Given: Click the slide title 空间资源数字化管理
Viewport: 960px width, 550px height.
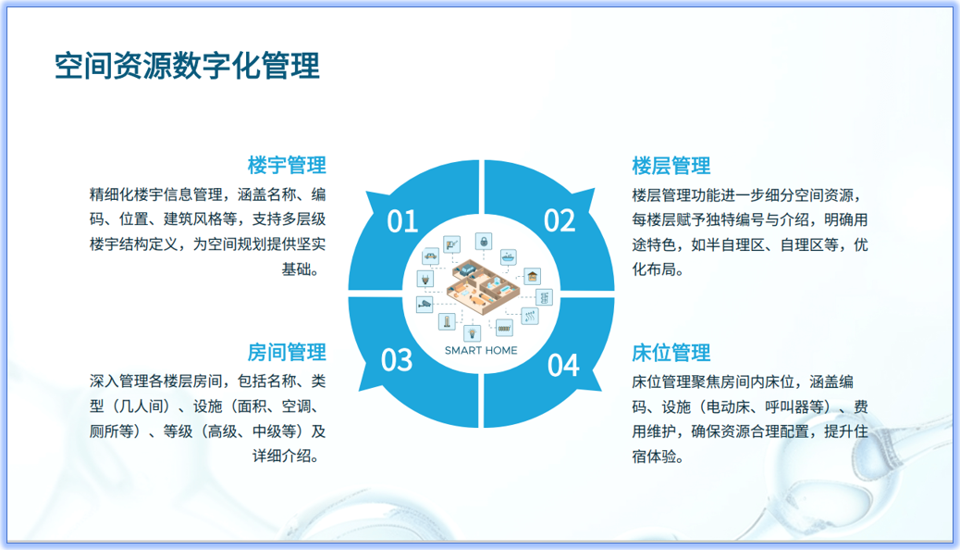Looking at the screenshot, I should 188,67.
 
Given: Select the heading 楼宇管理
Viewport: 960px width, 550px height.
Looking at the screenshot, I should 287,166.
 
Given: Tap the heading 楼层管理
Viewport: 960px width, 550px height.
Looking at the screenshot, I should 671,166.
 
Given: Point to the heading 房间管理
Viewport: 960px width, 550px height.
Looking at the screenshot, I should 287,353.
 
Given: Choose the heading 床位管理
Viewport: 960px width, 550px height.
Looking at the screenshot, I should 671,353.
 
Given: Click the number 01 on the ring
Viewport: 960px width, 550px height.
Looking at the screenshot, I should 402,220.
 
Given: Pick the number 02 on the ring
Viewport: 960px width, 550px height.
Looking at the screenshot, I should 559,220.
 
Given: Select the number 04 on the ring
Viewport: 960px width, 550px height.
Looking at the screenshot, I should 562,365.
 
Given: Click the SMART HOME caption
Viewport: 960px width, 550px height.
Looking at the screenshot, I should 481,350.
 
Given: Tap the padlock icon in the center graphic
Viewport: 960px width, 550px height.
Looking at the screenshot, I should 484,241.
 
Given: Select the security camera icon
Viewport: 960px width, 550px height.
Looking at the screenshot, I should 425,304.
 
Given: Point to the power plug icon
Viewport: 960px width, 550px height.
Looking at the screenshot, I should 425,279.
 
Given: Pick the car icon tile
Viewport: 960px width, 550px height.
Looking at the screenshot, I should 430,256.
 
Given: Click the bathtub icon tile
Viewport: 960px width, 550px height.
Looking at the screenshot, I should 509,256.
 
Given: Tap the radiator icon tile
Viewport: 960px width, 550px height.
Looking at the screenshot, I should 504,328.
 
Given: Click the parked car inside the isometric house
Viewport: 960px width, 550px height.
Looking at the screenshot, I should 468,269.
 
